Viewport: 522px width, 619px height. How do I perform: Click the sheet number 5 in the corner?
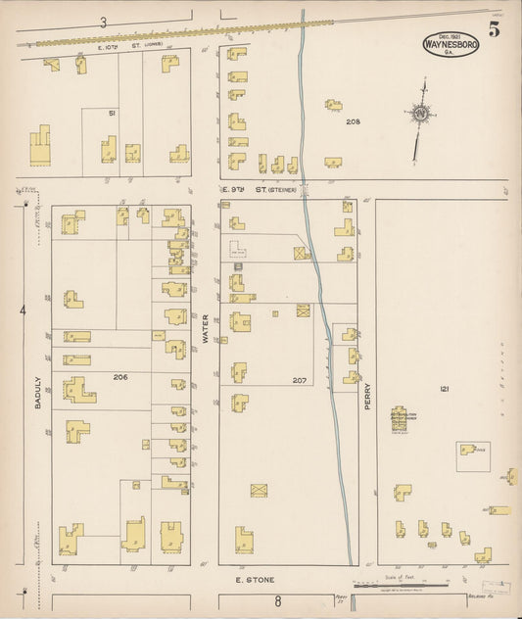[495, 29]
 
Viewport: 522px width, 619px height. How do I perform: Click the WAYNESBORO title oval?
[450, 44]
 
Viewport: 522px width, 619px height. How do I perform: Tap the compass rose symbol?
[419, 114]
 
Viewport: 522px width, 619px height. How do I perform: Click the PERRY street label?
[368, 394]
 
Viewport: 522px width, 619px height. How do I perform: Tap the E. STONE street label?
[255, 580]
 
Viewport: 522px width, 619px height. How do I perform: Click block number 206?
[120, 376]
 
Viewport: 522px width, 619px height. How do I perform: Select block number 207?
[300, 380]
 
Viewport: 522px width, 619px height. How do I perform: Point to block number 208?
[353, 121]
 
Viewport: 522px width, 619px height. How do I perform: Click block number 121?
[445, 390]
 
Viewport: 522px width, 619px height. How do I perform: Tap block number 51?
[113, 114]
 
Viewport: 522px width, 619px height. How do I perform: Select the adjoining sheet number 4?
[21, 312]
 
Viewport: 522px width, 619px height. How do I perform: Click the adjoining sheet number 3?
[102, 22]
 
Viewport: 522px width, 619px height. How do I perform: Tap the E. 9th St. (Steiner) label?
[260, 187]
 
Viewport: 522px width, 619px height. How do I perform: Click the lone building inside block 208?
[334, 105]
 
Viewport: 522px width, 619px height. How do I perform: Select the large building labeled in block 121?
[401, 422]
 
